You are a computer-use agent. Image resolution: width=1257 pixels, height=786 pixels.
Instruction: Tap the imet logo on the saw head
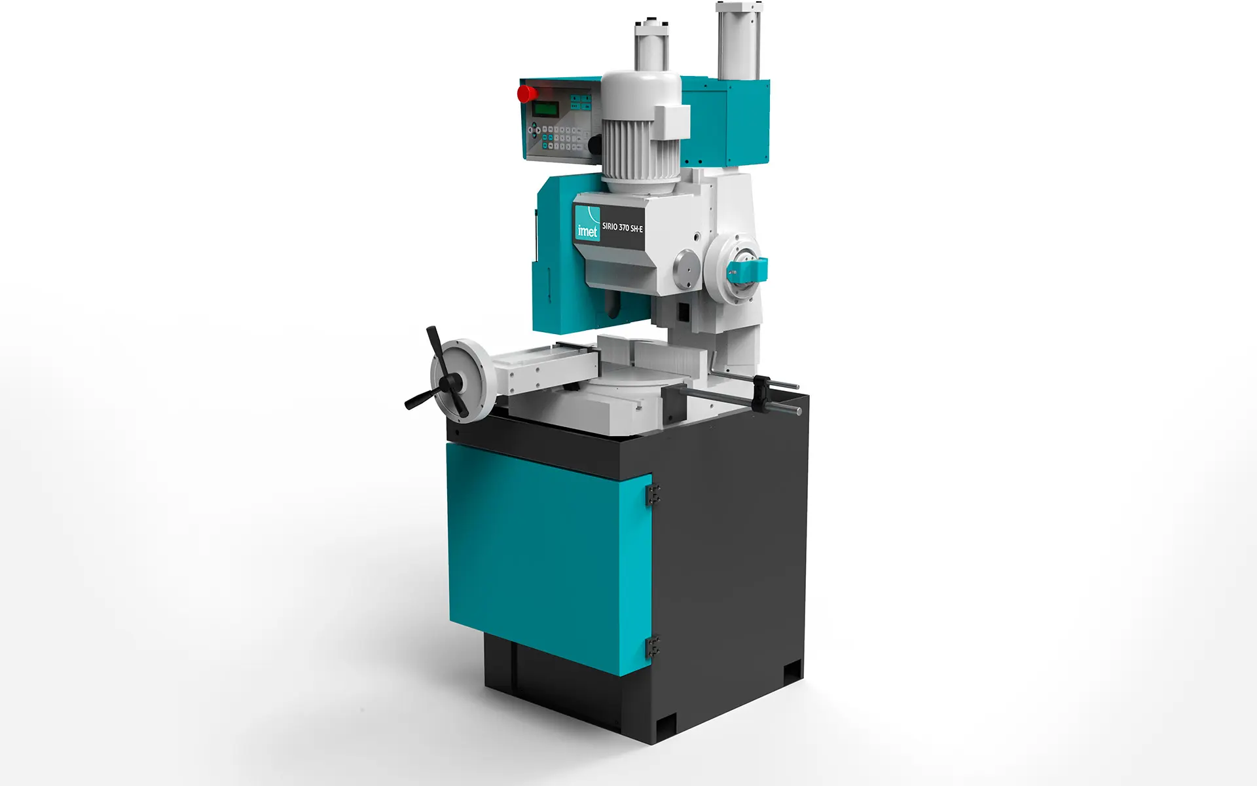tap(587, 222)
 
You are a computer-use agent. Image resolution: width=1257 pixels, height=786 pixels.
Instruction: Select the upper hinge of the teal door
tap(653, 495)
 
